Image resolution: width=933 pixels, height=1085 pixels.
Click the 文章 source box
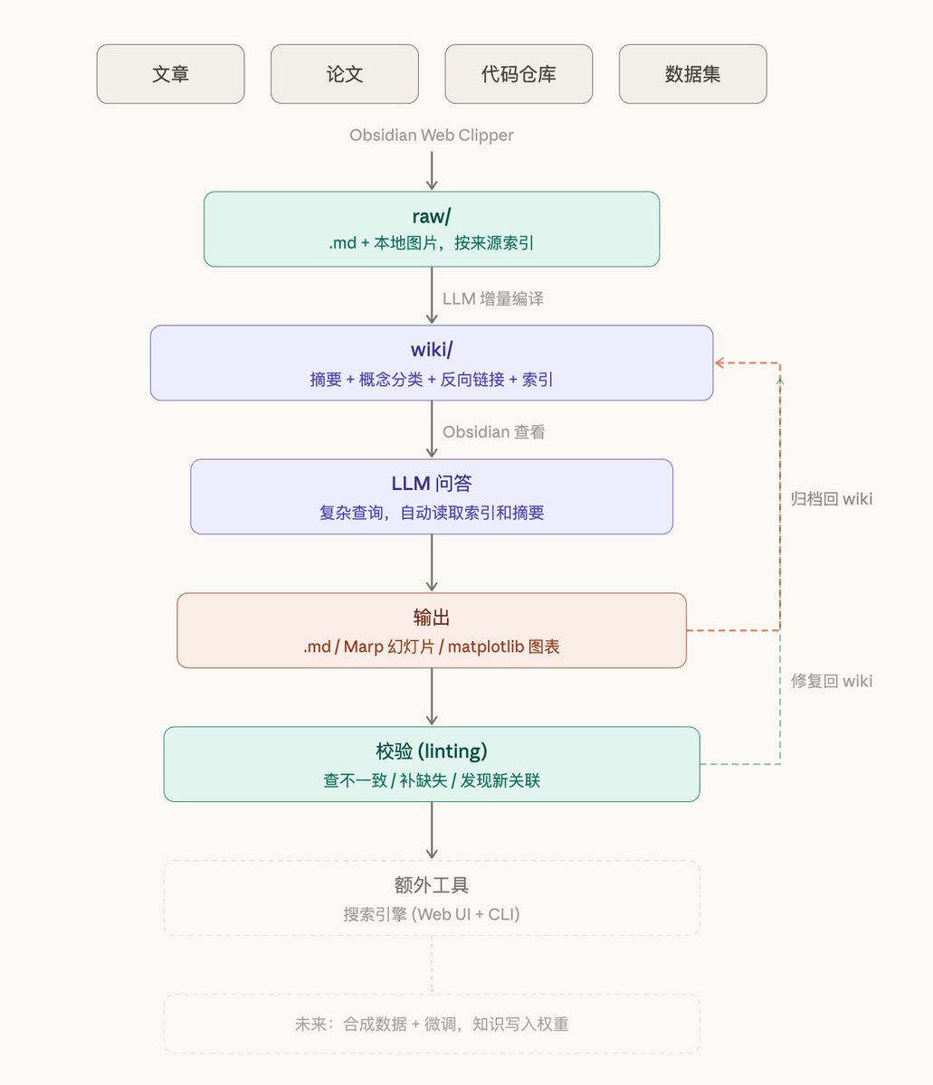point(170,74)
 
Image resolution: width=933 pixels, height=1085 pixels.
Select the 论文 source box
point(344,74)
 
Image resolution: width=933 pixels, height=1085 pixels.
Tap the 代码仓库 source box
point(519,74)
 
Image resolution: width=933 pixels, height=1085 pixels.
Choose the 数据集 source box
point(692,74)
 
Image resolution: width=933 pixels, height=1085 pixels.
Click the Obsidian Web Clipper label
point(432,136)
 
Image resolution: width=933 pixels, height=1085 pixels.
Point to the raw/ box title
point(432,216)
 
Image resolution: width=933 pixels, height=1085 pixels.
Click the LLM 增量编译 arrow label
point(492,298)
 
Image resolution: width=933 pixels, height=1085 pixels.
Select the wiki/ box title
point(432,350)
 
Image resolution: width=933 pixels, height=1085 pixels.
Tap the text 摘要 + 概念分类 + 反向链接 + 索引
point(432,380)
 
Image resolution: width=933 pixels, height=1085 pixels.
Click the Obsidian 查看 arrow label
point(493,432)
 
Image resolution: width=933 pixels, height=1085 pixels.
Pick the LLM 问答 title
point(432,484)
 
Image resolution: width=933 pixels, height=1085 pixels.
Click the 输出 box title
point(432,618)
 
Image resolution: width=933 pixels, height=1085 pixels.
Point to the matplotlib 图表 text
point(503,646)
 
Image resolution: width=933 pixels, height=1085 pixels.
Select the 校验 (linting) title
point(432,751)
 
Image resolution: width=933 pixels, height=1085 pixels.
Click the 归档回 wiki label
point(831,499)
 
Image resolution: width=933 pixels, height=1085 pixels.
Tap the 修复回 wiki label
point(831,681)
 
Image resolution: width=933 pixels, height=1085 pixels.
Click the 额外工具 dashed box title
point(432,885)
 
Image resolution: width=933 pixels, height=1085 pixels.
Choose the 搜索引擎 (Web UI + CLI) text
point(432,914)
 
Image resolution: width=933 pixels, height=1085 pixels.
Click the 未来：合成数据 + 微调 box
point(432,1024)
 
